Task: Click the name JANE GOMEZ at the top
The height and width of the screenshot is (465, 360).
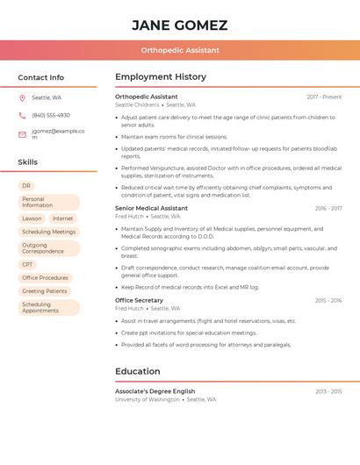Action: click(x=179, y=25)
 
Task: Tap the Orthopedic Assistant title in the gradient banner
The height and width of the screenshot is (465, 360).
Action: click(x=179, y=50)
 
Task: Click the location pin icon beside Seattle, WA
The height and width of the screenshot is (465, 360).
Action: click(x=22, y=97)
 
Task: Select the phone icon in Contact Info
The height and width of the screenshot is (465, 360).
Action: click(x=22, y=115)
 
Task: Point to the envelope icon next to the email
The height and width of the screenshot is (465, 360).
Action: click(x=22, y=134)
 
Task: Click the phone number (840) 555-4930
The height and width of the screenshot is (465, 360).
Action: click(x=51, y=115)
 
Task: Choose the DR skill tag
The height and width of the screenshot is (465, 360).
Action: click(x=26, y=186)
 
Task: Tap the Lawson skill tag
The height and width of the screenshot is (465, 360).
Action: click(x=32, y=218)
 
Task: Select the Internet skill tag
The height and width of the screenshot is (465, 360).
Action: click(x=62, y=218)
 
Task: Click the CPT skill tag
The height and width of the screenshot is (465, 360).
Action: click(x=28, y=264)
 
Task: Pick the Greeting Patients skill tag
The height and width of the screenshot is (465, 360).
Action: click(x=45, y=290)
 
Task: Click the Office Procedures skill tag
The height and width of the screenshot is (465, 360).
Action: click(x=45, y=277)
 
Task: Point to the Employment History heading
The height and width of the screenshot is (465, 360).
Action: click(x=161, y=77)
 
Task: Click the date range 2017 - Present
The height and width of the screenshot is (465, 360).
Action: click(x=324, y=97)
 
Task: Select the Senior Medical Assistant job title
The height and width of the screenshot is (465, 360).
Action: click(x=151, y=208)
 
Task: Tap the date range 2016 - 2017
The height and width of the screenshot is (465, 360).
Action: click(x=328, y=208)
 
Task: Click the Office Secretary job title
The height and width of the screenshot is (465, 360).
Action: click(x=139, y=300)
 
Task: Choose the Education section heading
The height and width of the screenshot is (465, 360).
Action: click(x=138, y=371)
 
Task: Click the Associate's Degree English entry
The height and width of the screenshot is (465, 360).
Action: click(x=155, y=391)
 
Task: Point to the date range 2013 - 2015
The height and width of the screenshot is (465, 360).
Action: click(x=328, y=391)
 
